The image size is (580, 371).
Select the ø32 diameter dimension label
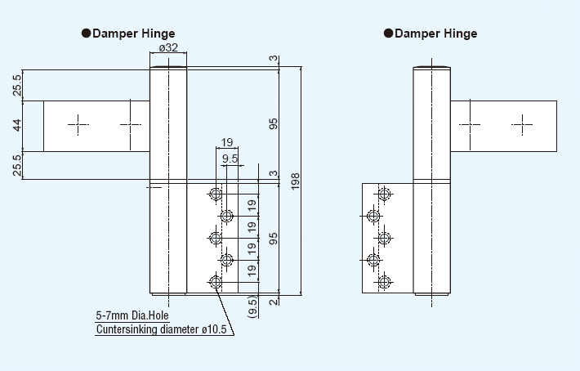[x=169, y=48]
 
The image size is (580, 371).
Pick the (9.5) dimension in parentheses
[x=253, y=306]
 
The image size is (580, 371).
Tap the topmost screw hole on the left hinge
[x=216, y=194]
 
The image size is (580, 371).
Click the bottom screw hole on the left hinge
[x=216, y=283]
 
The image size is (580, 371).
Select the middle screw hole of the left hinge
[x=216, y=239]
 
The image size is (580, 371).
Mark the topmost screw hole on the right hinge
[x=385, y=194]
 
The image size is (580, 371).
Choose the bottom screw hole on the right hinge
[x=385, y=283]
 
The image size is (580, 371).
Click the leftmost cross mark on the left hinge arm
[x=78, y=125]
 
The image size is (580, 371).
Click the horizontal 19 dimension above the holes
[x=226, y=142]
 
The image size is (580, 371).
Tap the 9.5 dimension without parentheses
[x=230, y=159]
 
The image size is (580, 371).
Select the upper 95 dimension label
[x=274, y=123]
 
